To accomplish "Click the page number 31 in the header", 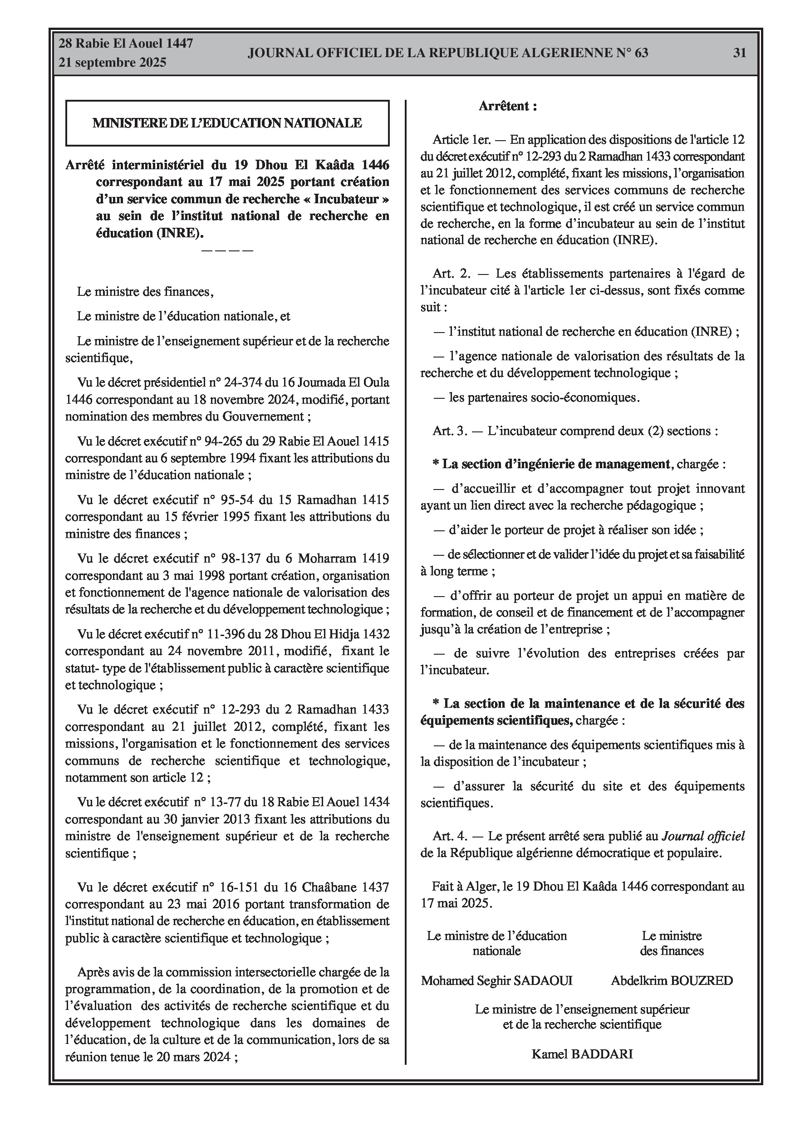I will (x=739, y=53).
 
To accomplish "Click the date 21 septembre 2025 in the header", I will (x=113, y=63).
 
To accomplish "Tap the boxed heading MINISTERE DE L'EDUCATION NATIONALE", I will (x=227, y=123).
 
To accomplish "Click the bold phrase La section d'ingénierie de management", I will (x=556, y=464).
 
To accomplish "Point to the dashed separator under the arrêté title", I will (x=227, y=250).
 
